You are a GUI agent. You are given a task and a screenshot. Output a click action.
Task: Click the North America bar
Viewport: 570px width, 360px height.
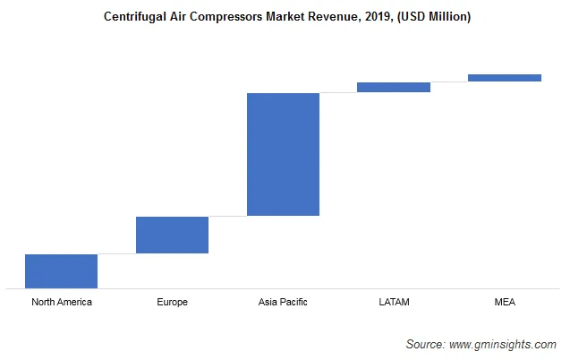(x=61, y=270)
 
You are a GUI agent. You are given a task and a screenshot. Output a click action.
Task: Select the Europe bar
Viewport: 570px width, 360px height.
(x=172, y=235)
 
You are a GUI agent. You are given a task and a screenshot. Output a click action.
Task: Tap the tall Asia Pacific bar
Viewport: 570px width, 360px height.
(x=283, y=154)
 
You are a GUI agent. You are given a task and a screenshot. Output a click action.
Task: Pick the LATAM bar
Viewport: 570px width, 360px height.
(x=394, y=87)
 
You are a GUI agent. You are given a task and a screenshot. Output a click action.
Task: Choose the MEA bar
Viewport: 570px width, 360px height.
(x=505, y=78)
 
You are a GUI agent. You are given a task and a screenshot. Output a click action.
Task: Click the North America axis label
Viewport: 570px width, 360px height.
(x=61, y=302)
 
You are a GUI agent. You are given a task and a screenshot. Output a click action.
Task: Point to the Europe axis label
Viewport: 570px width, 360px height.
(x=172, y=302)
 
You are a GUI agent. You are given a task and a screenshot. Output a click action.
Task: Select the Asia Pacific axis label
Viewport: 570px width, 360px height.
(x=283, y=302)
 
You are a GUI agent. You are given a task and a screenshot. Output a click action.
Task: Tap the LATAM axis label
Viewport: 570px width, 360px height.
(x=394, y=302)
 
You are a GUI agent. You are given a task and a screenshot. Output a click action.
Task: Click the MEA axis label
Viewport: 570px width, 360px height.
(x=505, y=302)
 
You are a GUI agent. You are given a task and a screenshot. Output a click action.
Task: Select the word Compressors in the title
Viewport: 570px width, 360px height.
(x=234, y=17)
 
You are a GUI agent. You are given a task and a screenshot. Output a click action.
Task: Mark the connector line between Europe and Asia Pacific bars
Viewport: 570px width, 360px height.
(x=227, y=216)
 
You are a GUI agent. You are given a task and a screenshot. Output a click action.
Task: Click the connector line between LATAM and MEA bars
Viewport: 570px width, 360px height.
(x=449, y=81)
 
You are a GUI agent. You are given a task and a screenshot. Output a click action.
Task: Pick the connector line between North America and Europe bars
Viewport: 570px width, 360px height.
(x=116, y=253)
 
